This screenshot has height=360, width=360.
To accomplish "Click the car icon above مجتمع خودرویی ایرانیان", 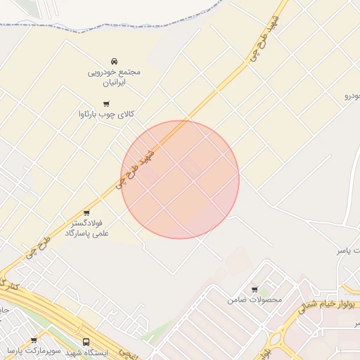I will click(x=115, y=62).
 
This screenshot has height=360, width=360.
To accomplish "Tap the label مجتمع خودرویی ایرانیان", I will click(x=115, y=77).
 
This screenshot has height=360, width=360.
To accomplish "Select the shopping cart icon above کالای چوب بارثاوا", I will click(x=106, y=104).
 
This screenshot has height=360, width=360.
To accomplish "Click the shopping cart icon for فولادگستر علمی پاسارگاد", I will click(x=86, y=213).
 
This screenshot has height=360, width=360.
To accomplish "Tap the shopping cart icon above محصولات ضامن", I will click(x=255, y=289).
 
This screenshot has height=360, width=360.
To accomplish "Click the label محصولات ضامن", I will click(x=255, y=300).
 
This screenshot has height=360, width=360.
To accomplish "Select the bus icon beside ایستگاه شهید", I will click(x=86, y=342).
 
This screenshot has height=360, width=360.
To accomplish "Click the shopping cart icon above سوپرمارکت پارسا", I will click(x=34, y=340).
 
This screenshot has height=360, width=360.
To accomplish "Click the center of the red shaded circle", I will click(x=180, y=179).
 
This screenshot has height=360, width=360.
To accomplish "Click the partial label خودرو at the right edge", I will click(x=352, y=95).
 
